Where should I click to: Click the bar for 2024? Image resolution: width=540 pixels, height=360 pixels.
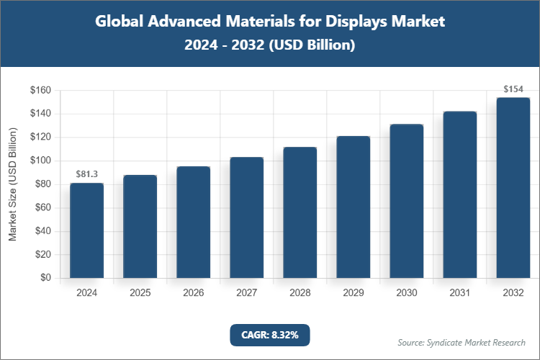[86, 230]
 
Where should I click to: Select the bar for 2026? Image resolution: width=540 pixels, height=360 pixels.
[193, 222]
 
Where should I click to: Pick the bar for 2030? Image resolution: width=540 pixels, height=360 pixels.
[406, 201]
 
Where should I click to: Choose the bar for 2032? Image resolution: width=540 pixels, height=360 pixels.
[513, 188]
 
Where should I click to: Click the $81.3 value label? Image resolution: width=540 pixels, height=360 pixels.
[86, 174]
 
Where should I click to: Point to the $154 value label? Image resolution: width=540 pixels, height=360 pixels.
[513, 89]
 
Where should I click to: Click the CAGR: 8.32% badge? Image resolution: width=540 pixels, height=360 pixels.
[269, 335]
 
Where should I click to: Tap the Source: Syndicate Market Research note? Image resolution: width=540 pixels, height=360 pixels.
[462, 342]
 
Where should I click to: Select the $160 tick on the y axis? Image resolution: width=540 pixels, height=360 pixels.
[40, 91]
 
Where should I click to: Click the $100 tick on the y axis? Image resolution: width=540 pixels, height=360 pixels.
[40, 161]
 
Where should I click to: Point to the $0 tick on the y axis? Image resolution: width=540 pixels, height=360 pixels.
[45, 278]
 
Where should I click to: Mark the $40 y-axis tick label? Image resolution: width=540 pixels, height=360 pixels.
[42, 231]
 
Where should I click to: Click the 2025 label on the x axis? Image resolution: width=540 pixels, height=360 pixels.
[140, 293]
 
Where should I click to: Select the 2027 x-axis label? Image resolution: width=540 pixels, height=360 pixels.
[246, 293]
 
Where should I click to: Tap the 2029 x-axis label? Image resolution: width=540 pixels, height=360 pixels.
[353, 293]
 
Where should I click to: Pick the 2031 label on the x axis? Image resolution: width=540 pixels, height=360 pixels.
[459, 293]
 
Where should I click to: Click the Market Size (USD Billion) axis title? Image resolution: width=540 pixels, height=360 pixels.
[12, 184]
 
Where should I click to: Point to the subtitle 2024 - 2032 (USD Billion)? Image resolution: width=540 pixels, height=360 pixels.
[269, 45]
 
